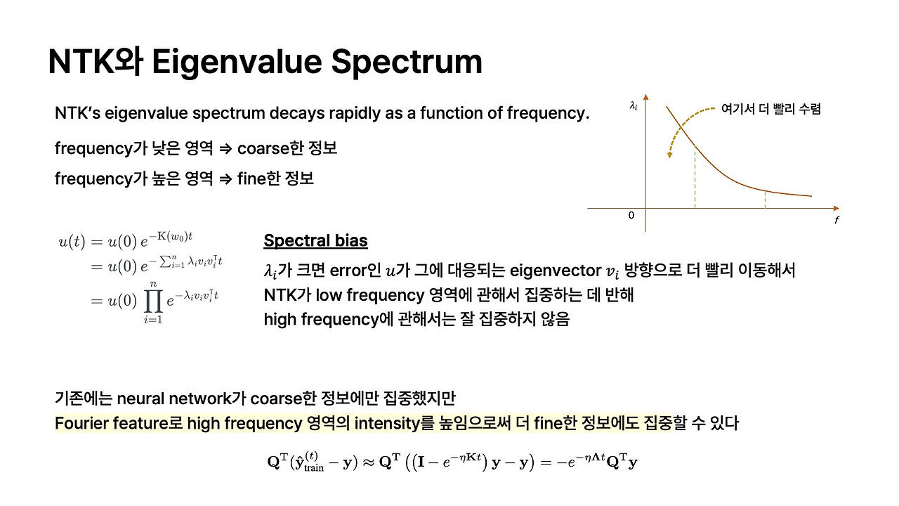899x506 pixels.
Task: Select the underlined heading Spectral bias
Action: point(315,241)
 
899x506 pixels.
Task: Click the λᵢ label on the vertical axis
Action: point(634,107)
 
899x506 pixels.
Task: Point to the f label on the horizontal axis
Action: point(836,220)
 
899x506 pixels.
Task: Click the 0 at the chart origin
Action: point(631,215)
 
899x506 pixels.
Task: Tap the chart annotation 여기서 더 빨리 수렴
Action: point(771,109)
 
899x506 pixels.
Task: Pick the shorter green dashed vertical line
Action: point(765,200)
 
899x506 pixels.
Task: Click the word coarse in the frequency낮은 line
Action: point(261,149)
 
